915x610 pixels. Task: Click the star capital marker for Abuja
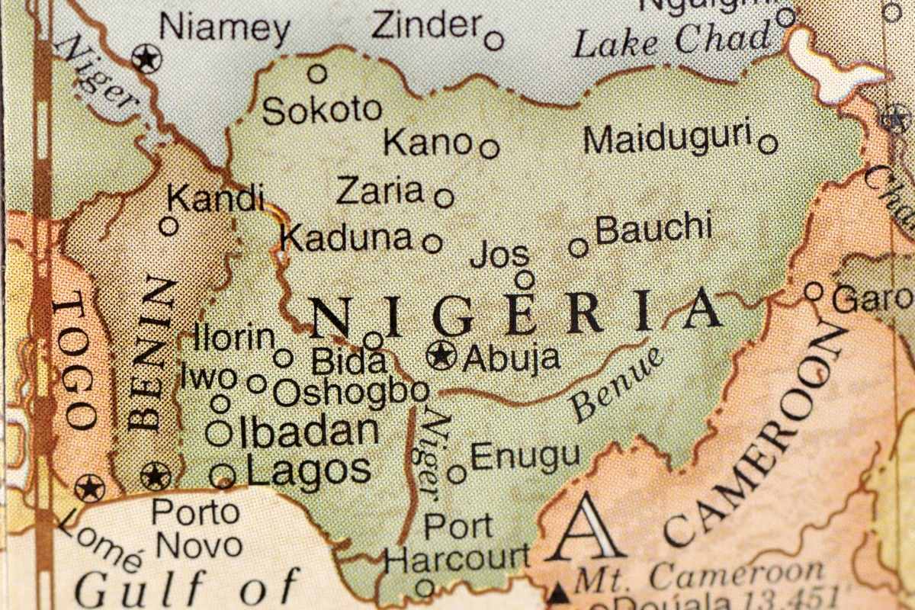click(x=441, y=355)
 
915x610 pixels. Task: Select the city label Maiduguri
click(x=668, y=139)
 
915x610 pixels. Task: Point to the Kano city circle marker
click(x=490, y=148)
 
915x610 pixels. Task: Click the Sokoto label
click(x=321, y=111)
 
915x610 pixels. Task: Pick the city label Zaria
click(x=380, y=191)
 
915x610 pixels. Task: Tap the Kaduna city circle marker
click(x=432, y=243)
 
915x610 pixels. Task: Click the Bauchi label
click(x=653, y=228)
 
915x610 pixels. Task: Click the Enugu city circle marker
click(x=457, y=474)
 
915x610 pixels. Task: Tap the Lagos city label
click(x=309, y=470)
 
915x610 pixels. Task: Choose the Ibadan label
click(x=309, y=432)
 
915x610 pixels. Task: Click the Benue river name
click(x=618, y=385)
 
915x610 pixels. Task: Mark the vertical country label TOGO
click(x=76, y=362)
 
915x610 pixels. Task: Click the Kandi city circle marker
click(x=169, y=226)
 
